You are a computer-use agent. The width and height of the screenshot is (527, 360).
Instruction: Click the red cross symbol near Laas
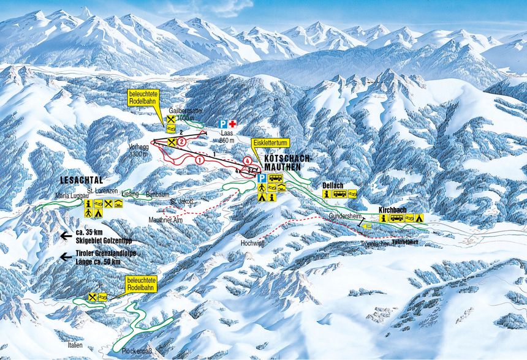point(233,124)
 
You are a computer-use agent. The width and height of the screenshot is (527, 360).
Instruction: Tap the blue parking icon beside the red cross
point(222,124)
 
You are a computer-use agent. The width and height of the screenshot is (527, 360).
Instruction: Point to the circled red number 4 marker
point(246,161)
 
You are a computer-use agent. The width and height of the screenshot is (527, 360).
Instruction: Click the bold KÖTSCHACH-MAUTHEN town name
point(288,162)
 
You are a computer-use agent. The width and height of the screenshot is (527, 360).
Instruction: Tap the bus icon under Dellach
point(339,194)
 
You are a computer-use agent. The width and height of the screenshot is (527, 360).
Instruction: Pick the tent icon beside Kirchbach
point(420,217)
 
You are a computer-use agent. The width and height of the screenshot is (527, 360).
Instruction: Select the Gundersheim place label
point(343,216)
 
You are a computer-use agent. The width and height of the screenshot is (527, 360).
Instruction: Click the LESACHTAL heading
point(83,181)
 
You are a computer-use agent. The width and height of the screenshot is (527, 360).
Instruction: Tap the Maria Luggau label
point(72,195)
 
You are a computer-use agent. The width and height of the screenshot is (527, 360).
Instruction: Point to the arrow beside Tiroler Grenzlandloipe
point(67,257)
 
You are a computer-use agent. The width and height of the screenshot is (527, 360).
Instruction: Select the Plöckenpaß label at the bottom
point(137,351)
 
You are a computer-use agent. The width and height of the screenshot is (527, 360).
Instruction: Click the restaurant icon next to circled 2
point(172,142)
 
